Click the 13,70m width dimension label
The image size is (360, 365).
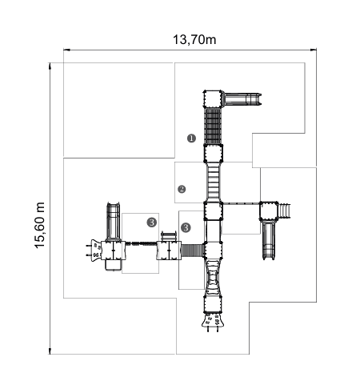pyautogui.click(x=194, y=40)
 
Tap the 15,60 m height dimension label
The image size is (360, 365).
pyautogui.click(x=40, y=225)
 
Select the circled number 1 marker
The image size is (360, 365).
pyautogui.click(x=191, y=138)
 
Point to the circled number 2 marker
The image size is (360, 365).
pyautogui.click(x=182, y=189)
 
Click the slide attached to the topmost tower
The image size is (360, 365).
pyautogui.click(x=242, y=99)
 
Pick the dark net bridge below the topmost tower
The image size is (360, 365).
pyautogui.click(x=213, y=126)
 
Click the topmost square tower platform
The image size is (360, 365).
pyautogui.click(x=213, y=98)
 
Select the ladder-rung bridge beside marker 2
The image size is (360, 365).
pyautogui.click(x=214, y=182)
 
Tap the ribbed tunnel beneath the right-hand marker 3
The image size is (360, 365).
pyautogui.click(x=193, y=251)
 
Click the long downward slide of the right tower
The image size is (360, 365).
pyautogui.click(x=269, y=239)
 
